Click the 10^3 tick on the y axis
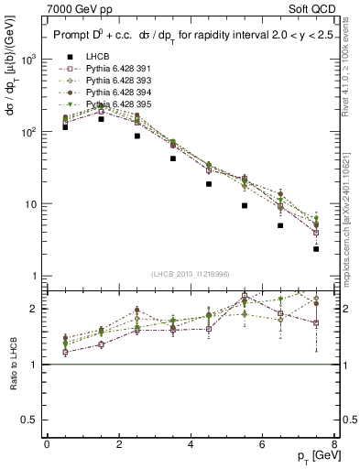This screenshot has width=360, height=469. point(27,60)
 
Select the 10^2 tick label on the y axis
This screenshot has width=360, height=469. point(27,132)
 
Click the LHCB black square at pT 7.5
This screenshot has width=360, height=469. point(316,248)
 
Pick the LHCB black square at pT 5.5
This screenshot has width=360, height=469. point(245,205)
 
